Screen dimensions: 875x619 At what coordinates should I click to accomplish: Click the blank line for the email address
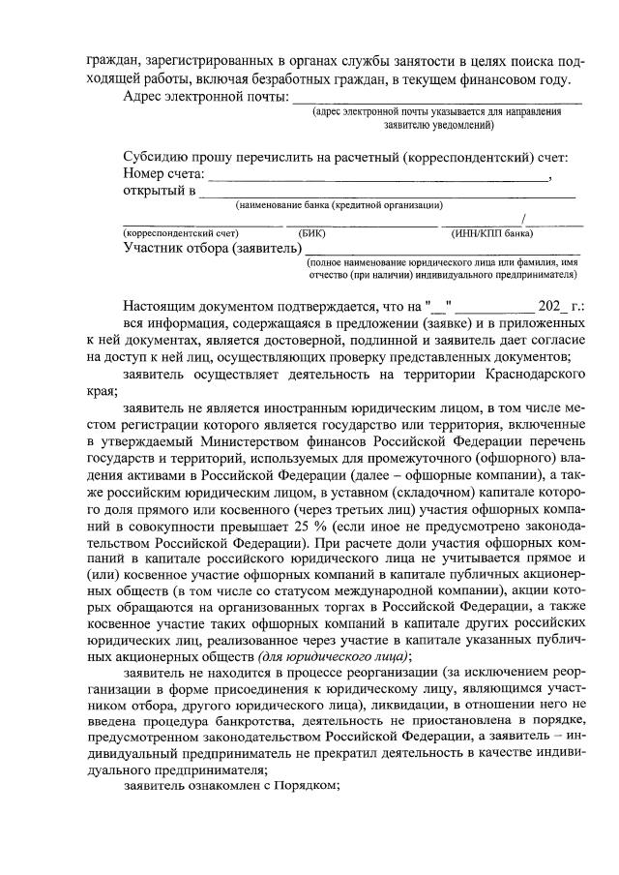437,101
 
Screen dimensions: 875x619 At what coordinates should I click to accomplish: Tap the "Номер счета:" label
163,174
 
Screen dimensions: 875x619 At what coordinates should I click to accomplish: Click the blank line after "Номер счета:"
378,179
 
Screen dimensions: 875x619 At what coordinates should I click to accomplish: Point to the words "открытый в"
159,191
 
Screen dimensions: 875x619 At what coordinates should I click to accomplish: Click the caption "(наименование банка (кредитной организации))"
339,205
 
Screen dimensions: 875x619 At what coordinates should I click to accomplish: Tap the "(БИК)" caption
313,233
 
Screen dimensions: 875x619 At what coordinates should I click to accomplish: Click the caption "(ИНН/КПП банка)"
493,233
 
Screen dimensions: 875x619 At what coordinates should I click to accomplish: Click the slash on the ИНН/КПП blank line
522,219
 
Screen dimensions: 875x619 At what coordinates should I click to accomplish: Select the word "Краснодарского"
533,377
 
